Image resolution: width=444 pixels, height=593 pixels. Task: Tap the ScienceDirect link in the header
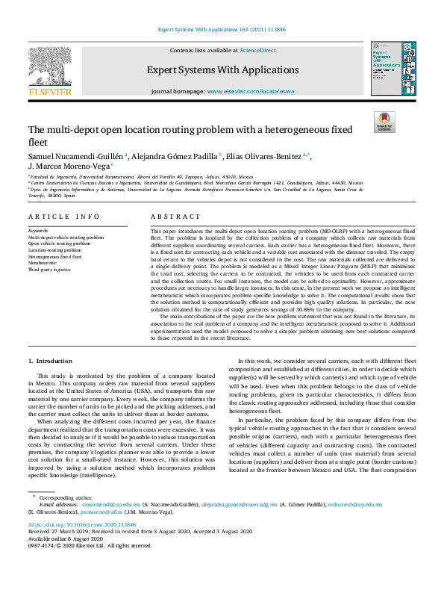[x=257, y=50]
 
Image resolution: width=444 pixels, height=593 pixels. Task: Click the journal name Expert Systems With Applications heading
[x=222, y=69]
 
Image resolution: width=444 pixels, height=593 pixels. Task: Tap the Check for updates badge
[x=384, y=121]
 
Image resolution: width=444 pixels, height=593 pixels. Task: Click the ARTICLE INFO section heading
[x=63, y=217]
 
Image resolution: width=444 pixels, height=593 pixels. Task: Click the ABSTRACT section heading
[x=176, y=217]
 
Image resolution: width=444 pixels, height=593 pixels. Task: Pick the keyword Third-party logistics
[x=49, y=269]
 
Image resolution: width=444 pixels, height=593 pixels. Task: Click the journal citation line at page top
[x=222, y=30]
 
